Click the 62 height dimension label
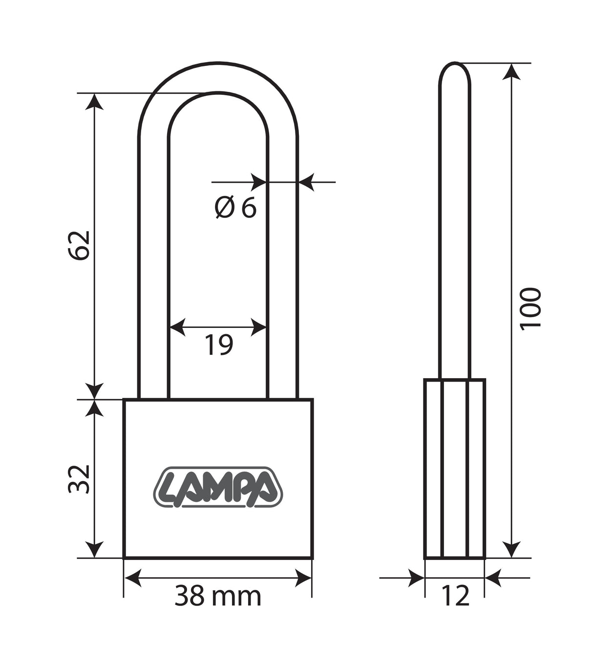79,245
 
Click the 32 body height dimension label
79,479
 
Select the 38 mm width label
218,596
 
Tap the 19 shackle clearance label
218,345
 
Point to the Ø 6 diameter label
235,209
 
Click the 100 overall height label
531,309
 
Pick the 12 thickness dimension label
455,596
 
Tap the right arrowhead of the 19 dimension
259,327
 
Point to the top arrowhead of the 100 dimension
511,71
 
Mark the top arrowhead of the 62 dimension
95,101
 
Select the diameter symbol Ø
224,209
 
